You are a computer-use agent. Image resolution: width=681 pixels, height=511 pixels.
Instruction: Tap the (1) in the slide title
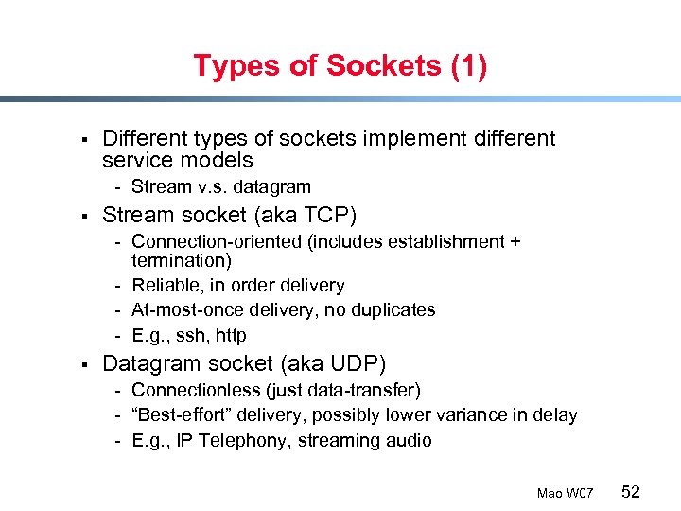[469, 66]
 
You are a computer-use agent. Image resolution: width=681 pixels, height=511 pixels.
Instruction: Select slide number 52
[631, 491]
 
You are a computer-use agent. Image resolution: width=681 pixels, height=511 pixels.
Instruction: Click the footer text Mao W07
[565, 493]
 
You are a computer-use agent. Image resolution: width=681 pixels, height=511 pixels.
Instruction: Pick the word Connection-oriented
[215, 241]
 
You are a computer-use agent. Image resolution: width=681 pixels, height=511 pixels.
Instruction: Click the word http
[231, 335]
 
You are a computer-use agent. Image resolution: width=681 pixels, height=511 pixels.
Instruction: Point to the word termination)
[182, 260]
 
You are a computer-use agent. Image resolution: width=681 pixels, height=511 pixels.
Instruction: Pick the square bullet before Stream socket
[84, 215]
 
